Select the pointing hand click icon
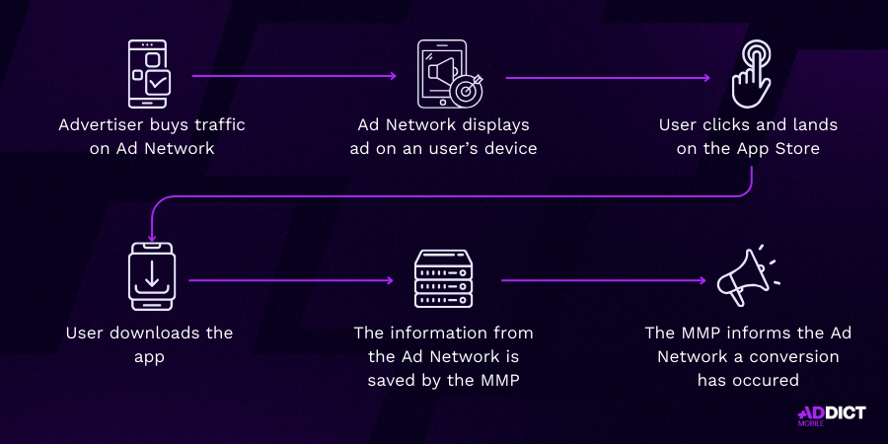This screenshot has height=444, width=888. (751, 74)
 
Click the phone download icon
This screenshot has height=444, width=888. (152, 276)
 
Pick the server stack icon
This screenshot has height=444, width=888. (444, 278)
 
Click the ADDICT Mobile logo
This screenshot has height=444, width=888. (832, 415)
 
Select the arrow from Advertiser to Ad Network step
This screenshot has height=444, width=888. (294, 76)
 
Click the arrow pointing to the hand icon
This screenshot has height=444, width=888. (608, 78)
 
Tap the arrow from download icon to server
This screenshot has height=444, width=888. (291, 280)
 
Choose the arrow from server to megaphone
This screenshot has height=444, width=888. (604, 280)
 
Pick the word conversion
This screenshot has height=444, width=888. (793, 357)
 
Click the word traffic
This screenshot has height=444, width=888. (219, 124)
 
